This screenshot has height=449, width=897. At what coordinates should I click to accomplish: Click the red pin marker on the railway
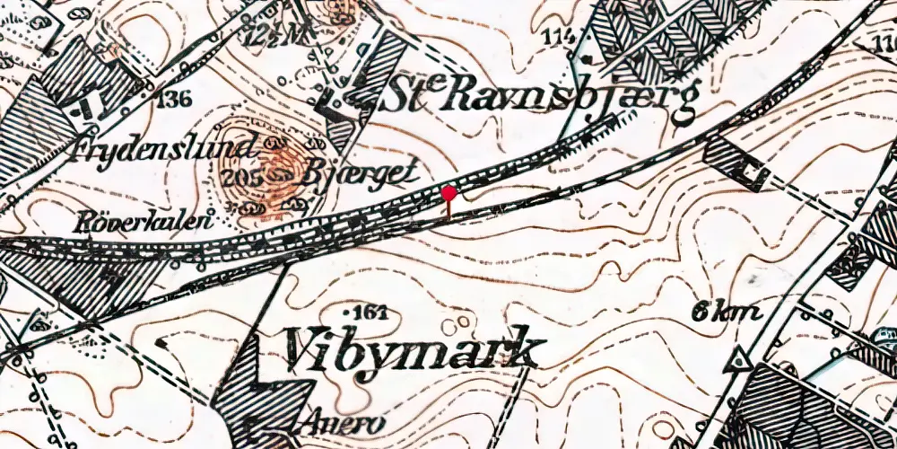click(x=448, y=192)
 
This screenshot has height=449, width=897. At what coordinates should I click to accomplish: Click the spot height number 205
click(x=254, y=177)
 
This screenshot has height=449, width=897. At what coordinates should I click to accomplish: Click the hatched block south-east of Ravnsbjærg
click(x=736, y=162)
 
